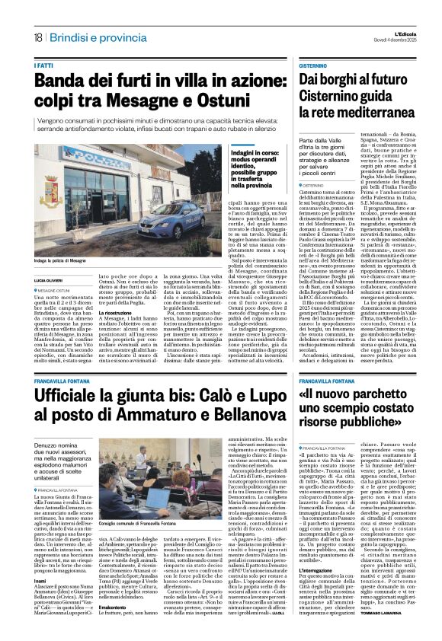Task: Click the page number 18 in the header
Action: (x=37, y=37)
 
